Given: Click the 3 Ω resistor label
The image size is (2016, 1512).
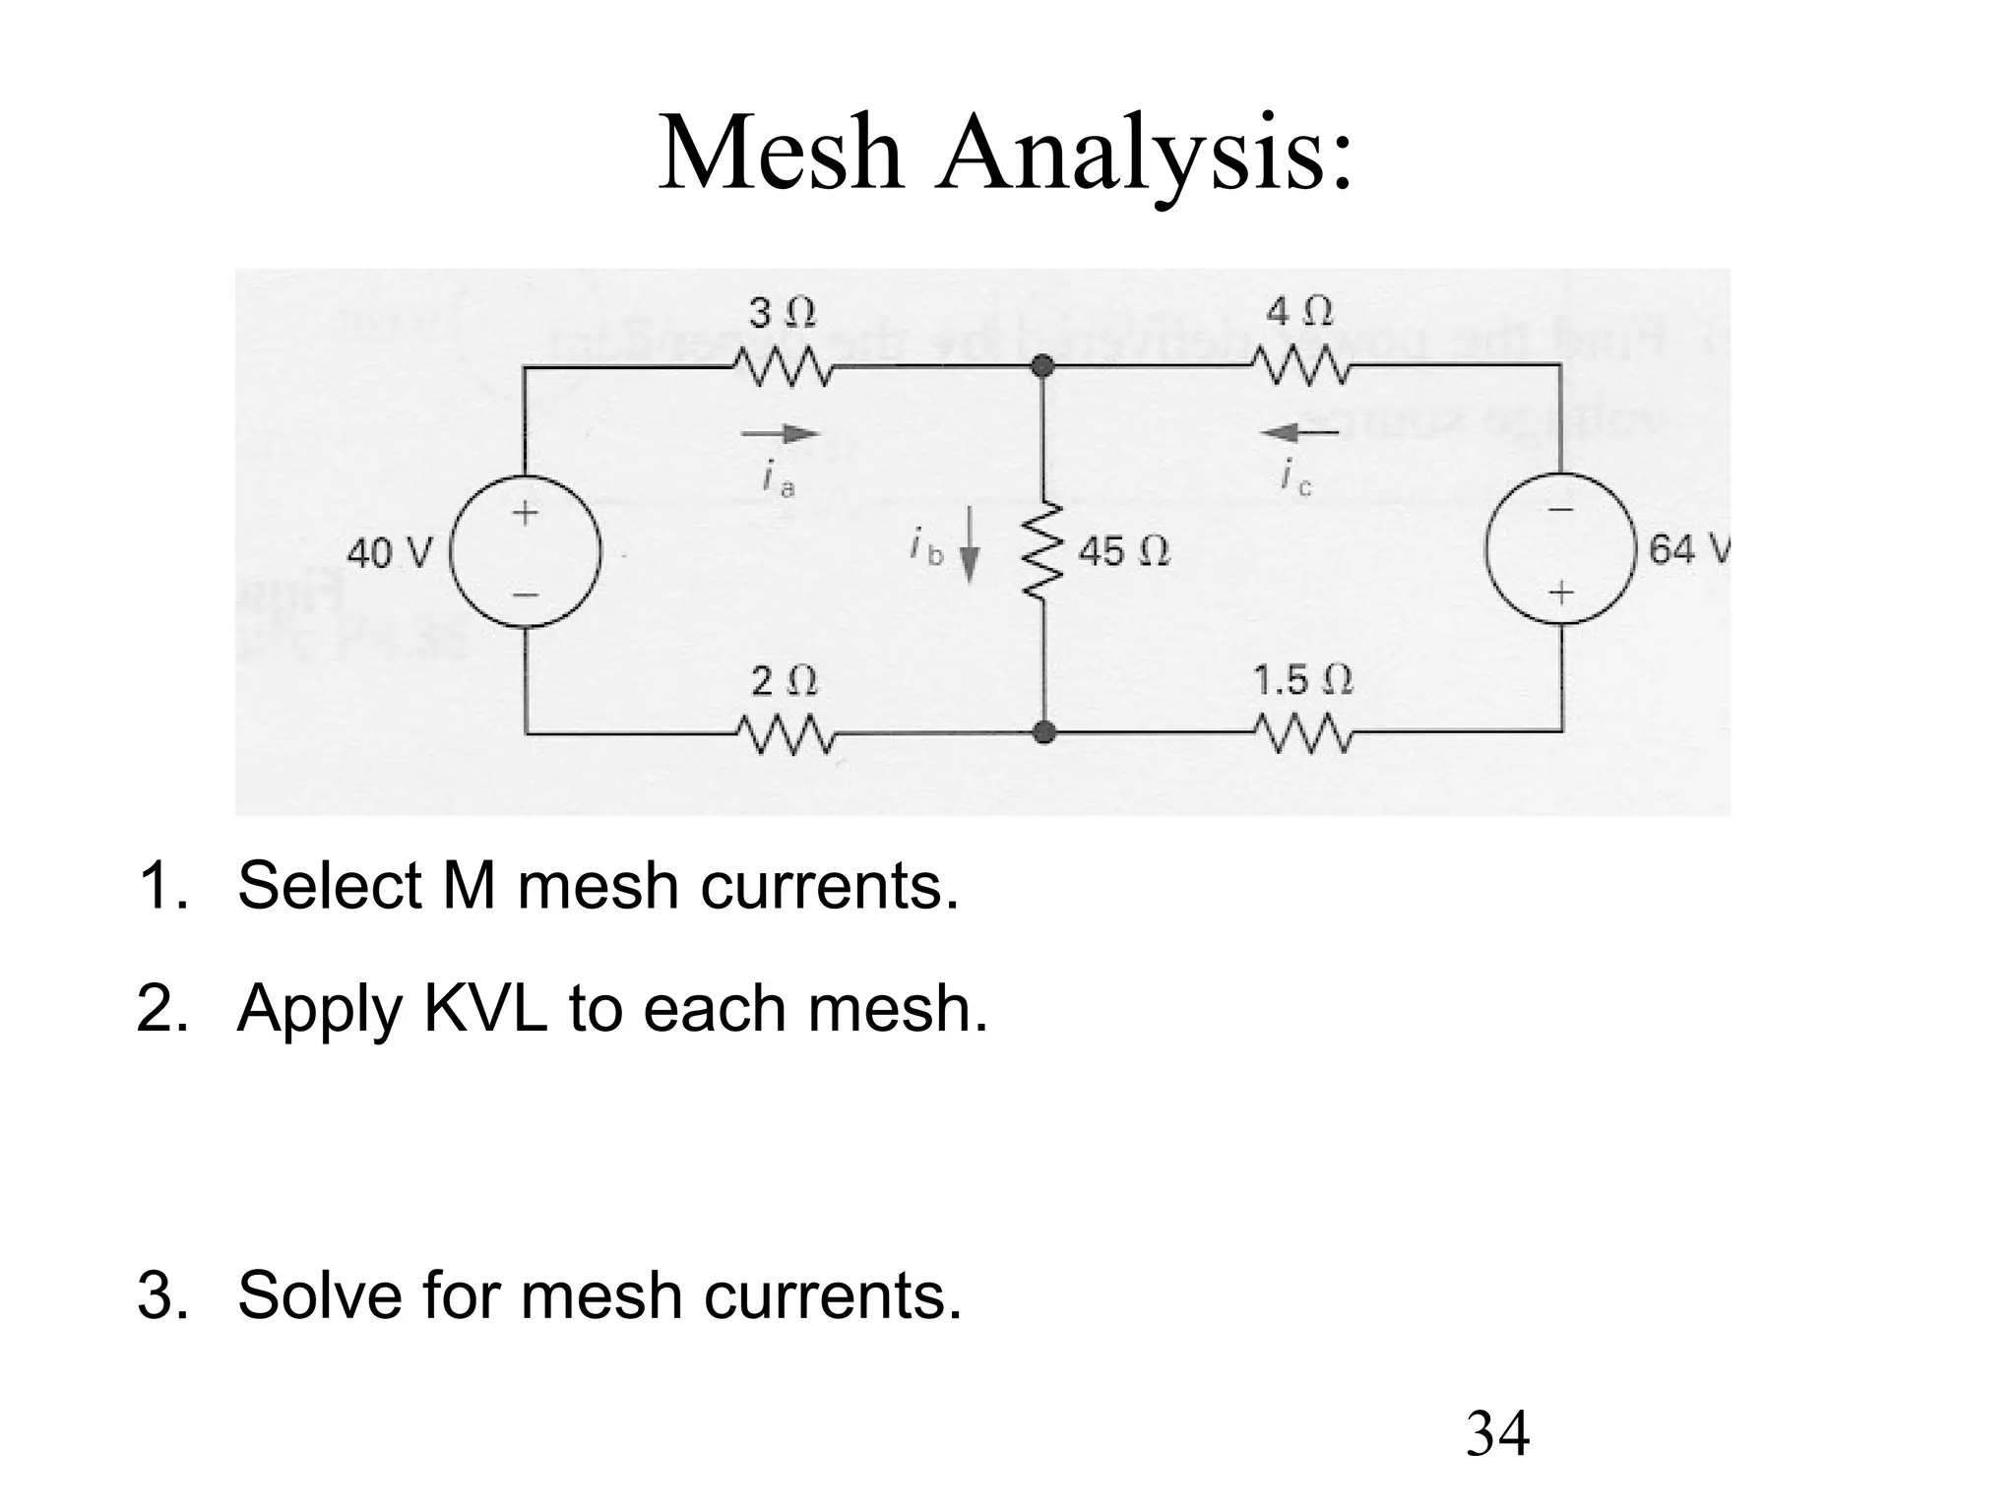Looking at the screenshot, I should click(x=783, y=314).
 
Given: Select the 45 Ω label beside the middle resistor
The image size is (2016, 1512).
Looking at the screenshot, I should click(x=1124, y=551).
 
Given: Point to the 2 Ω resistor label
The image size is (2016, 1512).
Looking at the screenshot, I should click(x=784, y=681).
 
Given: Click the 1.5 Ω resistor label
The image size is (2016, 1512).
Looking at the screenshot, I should click(x=1302, y=680).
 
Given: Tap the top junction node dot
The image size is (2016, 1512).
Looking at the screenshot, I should click(x=1043, y=367).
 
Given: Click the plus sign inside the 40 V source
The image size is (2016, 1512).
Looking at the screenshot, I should click(x=525, y=513).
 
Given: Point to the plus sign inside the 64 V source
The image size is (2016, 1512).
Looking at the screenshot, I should click(x=1561, y=593).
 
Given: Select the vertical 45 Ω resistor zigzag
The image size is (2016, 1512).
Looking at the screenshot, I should click(x=1041, y=551).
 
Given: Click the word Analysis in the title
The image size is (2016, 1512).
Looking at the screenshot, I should click(x=1145, y=156).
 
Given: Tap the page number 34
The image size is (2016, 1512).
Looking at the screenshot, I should click(x=1497, y=1433).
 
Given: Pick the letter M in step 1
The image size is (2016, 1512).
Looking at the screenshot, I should click(x=470, y=885).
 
